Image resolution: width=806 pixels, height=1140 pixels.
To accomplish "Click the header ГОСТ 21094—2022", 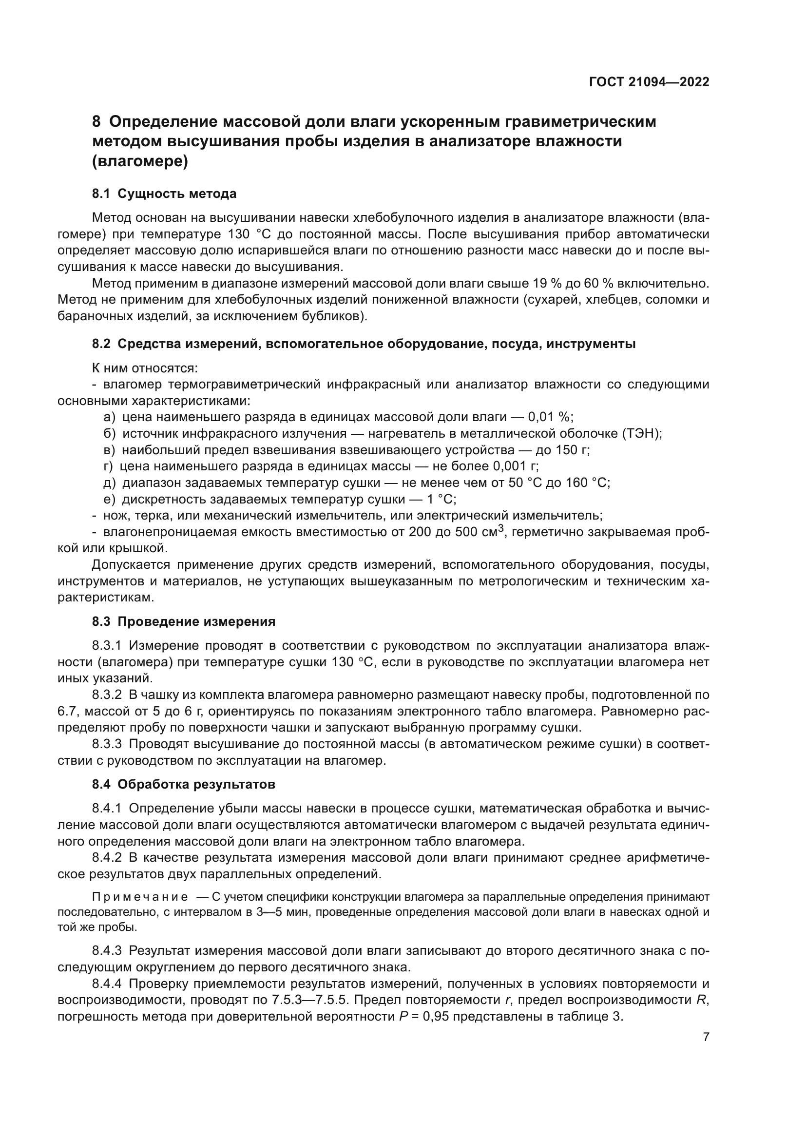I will [x=649, y=82].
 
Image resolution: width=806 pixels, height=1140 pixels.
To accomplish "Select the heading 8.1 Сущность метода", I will [x=164, y=193].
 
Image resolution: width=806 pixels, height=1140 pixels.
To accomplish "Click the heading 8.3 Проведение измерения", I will [x=183, y=621].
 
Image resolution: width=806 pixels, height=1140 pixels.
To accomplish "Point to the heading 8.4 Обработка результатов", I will [x=183, y=785].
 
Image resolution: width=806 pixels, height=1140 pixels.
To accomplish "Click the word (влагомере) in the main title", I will [x=140, y=162].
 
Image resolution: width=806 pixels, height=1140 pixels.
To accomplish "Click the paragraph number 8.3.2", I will [x=107, y=695].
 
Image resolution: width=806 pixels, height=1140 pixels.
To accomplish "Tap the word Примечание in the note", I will [x=140, y=897].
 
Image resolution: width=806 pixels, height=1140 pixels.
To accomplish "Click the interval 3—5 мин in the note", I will [x=279, y=912].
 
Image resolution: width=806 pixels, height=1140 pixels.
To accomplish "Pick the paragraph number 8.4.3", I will [x=107, y=951].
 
